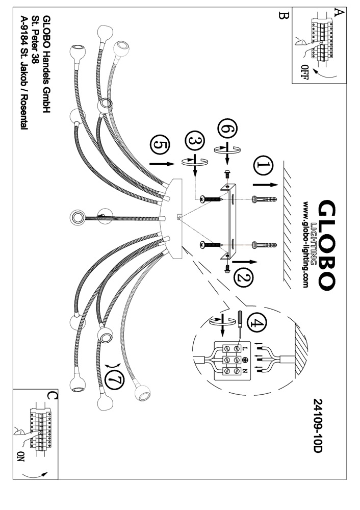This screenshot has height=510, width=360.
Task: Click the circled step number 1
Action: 264,166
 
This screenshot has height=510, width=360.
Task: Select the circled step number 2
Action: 243,278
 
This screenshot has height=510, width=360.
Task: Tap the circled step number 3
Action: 195,141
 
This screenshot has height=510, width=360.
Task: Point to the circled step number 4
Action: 257,323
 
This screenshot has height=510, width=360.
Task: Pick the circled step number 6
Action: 227,129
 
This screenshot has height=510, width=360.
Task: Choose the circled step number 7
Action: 115,380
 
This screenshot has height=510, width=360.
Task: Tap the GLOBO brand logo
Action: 325,245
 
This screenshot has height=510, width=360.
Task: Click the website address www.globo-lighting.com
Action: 305,245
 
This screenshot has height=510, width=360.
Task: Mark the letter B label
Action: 282,15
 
